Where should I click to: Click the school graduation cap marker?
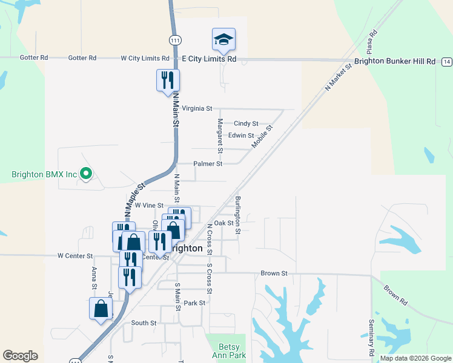(x=223, y=40)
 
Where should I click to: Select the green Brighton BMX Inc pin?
(x=86, y=174)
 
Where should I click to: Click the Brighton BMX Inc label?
(x=44, y=174)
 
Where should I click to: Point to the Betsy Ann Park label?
(x=225, y=352)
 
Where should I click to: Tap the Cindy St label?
(x=246, y=123)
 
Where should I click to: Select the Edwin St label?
(x=241, y=136)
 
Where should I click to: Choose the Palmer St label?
(x=208, y=164)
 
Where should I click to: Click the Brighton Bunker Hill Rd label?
(x=395, y=62)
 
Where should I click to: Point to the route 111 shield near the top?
(x=175, y=40)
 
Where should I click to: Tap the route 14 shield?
(x=446, y=62)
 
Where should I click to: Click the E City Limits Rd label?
(x=209, y=59)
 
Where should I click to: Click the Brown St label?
(x=274, y=273)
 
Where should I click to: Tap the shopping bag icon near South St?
(x=101, y=309)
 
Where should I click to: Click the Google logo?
(x=20, y=356)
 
